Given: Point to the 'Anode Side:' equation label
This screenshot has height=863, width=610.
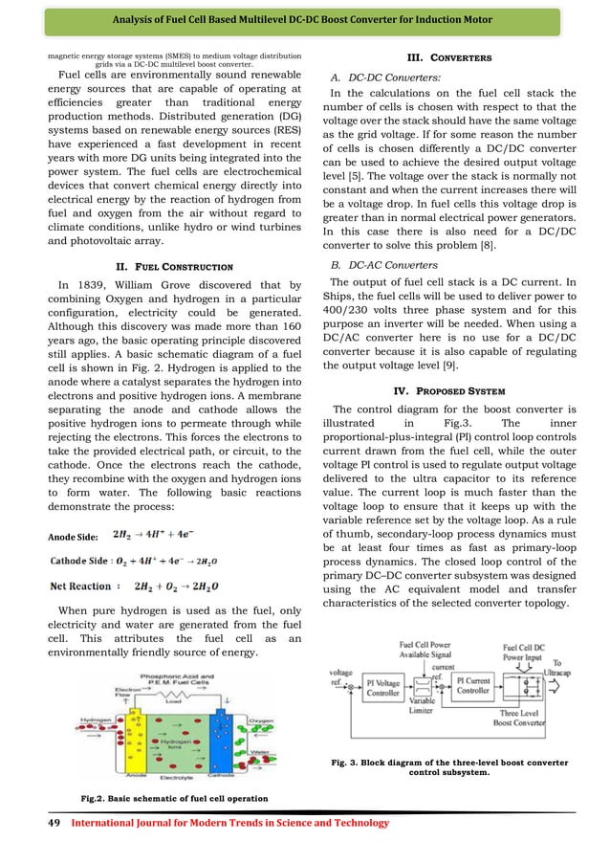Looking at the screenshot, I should point(73,536).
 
